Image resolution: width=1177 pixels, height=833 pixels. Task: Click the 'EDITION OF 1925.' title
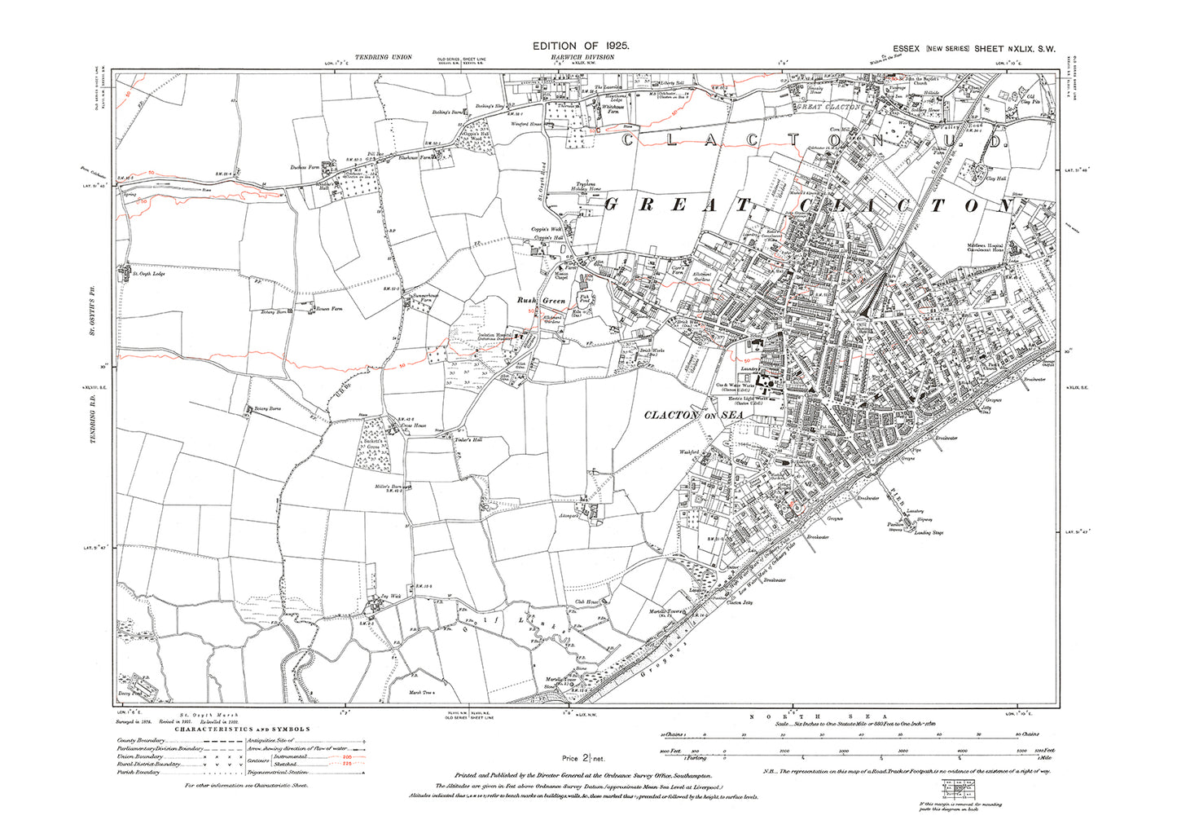[x=580, y=46]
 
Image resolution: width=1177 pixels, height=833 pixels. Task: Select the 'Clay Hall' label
[x=995, y=178]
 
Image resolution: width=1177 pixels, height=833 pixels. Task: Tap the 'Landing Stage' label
[x=929, y=533]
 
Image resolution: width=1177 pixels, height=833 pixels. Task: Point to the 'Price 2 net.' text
[x=582, y=759]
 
